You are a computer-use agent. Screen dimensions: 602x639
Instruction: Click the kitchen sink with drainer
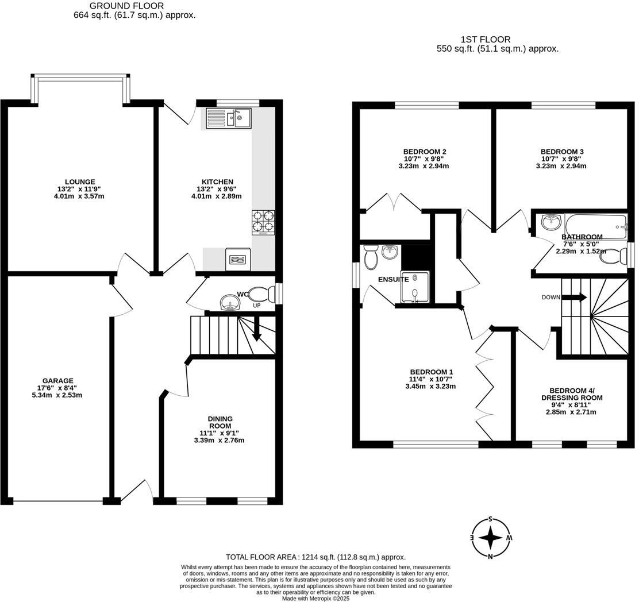(228, 119)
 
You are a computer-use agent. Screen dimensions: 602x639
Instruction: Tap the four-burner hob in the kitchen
(263, 222)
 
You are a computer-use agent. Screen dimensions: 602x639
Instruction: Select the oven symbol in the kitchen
(237, 260)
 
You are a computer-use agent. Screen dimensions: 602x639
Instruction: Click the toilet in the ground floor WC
(263, 295)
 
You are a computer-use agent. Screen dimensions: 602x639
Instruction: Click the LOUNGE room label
(80, 182)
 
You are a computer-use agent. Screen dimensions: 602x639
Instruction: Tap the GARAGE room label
(57, 381)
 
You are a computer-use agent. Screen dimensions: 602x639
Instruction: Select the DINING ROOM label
(221, 422)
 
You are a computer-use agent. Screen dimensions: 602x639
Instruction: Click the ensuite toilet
(371, 257)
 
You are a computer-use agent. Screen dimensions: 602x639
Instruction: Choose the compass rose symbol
(490, 538)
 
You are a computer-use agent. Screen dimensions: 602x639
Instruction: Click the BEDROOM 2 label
(425, 152)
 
